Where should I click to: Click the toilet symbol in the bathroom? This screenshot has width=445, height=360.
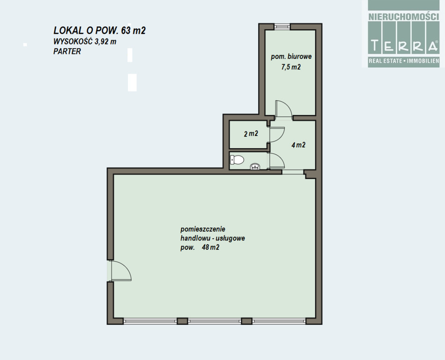tap(237, 160)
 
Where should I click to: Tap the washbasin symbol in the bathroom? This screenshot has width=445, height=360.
tap(255, 166)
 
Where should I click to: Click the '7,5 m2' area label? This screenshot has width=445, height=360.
tap(291, 67)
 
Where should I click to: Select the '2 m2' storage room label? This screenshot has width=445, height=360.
tap(251, 134)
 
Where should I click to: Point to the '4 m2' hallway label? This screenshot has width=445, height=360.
tap(298, 145)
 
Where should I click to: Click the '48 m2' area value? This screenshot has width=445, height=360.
tap(211, 247)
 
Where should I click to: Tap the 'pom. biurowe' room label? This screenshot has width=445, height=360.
tap(291, 57)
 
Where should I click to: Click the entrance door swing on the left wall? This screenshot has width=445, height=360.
tap(121, 271)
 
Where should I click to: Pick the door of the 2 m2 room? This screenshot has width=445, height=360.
tap(277, 135)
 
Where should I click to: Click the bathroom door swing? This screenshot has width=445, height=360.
tap(277, 161)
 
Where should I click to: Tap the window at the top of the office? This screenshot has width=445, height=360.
tap(282, 26)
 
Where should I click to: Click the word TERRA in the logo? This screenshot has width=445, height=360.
tap(404, 45)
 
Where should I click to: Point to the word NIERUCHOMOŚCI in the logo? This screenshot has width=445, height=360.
tap(404, 17)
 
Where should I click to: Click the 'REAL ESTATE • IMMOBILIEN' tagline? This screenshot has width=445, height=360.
tap(404, 61)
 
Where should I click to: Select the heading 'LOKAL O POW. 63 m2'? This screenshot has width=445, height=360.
tap(100, 30)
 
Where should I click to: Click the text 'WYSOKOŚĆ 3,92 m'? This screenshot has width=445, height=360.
tap(85, 41)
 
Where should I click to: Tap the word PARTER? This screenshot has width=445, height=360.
tap(67, 52)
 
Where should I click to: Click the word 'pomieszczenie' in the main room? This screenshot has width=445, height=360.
tap(203, 229)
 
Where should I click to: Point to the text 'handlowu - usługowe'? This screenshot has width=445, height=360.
tap(213, 238)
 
